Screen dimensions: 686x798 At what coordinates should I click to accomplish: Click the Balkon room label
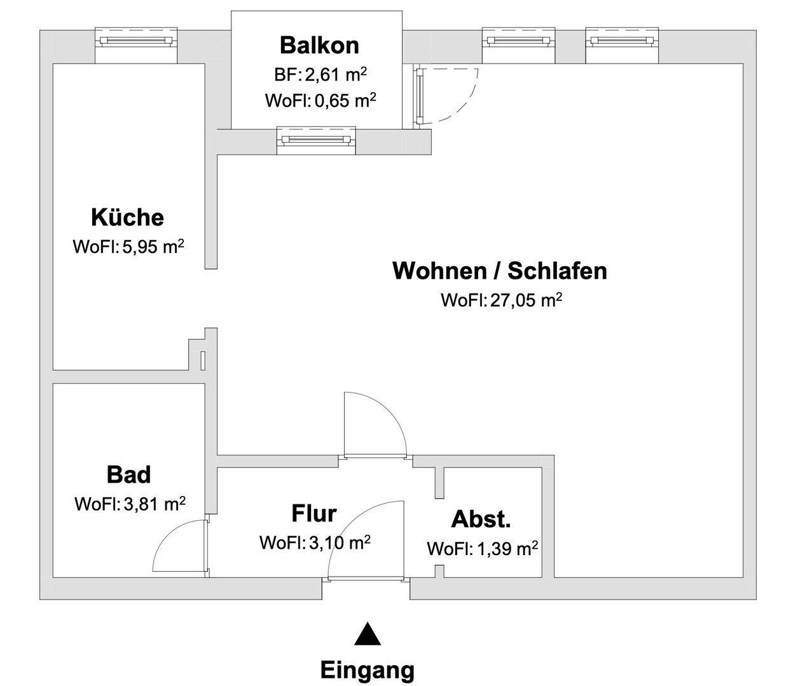point(319,46)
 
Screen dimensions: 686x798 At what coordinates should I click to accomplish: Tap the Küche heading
point(128,217)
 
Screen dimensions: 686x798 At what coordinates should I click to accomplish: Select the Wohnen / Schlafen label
point(500,271)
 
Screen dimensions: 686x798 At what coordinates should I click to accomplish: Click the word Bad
point(129,474)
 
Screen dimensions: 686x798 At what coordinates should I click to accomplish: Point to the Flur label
point(314,513)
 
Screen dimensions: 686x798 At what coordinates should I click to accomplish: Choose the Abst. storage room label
point(481,520)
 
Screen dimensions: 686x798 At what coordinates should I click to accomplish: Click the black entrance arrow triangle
point(367,635)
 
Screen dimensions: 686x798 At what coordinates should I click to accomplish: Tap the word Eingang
point(367,669)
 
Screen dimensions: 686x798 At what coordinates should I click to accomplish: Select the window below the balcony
point(317,139)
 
